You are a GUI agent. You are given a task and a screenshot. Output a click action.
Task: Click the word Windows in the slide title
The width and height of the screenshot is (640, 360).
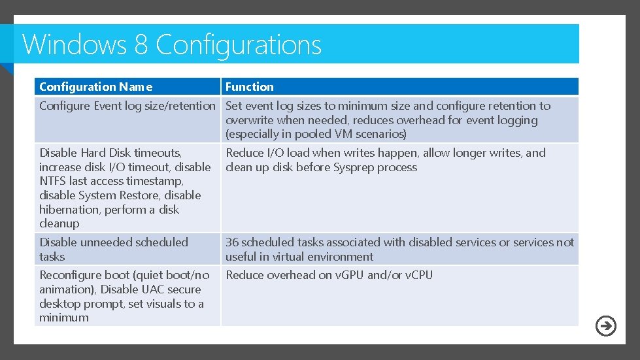click(x=74, y=44)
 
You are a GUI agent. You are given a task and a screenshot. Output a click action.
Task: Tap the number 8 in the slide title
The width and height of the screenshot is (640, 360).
click(x=141, y=44)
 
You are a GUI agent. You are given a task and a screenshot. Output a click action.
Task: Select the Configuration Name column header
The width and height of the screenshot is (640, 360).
click(x=95, y=87)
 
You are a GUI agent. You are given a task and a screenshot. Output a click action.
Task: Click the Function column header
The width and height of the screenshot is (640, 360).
click(x=250, y=87)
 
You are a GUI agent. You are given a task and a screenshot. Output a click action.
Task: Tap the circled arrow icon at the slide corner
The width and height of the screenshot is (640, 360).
click(x=606, y=325)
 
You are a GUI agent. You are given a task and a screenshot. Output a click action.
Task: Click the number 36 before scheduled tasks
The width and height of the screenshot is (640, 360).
click(x=232, y=242)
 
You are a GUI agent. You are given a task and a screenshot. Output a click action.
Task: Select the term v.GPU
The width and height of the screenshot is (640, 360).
click(x=349, y=275)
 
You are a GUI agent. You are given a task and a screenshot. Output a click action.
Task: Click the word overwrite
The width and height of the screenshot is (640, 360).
click(x=250, y=120)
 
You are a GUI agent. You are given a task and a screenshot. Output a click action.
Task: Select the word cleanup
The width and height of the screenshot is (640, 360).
click(x=59, y=223)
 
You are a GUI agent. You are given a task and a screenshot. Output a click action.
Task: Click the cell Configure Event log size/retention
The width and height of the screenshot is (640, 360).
click(x=127, y=106)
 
